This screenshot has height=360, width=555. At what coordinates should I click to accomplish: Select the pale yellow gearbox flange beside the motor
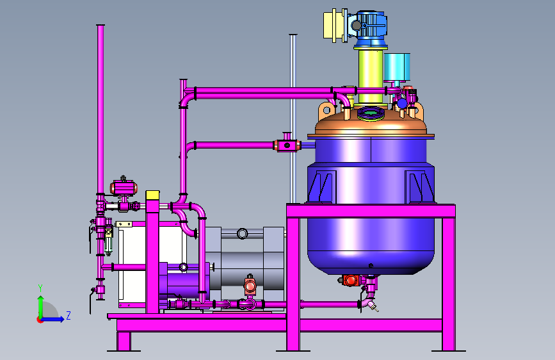pyautogui.click(x=335, y=26)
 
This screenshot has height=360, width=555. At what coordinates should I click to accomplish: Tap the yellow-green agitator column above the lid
pyautogui.click(x=370, y=78)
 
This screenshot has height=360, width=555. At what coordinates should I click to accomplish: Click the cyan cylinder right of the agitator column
pyautogui.click(x=397, y=67)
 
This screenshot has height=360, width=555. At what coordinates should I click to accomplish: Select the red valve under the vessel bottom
pyautogui.click(x=350, y=281)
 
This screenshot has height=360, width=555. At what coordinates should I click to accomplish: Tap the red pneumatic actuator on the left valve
pyautogui.click(x=124, y=188)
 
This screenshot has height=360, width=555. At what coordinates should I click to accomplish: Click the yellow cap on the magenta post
pyautogui.click(x=152, y=195)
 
